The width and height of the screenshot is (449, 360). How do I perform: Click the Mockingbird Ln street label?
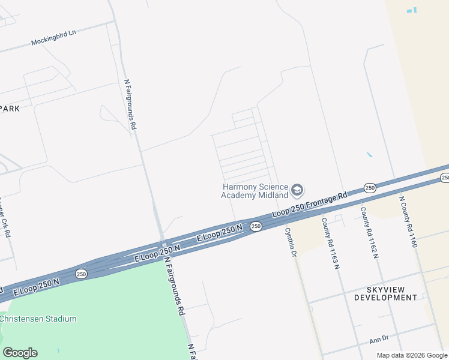coord(53,38)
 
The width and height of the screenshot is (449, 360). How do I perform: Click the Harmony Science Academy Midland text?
coord(255,191)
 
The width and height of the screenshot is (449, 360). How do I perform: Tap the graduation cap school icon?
coord(297,191)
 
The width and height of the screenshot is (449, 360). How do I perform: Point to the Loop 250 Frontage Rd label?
coord(310,205)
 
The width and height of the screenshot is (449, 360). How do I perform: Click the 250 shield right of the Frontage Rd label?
coord(370,188)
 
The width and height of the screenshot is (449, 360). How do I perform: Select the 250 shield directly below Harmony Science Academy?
coord(256,226)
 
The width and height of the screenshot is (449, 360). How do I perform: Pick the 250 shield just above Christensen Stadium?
coord(82,274)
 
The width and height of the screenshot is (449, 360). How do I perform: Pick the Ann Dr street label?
coord(379,340)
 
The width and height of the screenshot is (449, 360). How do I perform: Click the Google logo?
coord(20,353)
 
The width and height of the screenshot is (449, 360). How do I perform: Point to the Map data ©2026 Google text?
coord(412,355)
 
